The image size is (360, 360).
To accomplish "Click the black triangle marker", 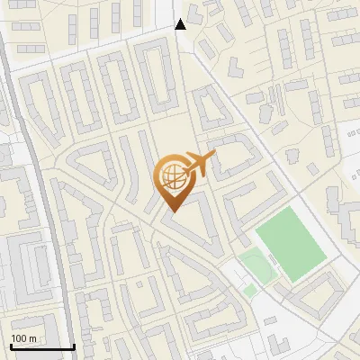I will click(x=181, y=24).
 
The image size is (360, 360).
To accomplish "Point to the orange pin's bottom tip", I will click(x=172, y=211).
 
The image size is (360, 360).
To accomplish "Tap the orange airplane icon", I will click(x=199, y=166).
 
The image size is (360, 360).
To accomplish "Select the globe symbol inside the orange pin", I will click(x=172, y=177).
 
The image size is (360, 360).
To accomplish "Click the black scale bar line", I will click(x=41, y=346).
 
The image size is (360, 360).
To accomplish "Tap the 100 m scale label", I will click(x=23, y=338).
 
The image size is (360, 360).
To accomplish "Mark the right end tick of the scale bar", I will click(x=73, y=345).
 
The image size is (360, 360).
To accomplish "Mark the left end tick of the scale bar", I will click(x=10, y=345).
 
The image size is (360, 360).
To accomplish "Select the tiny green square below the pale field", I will click(x=250, y=290).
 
